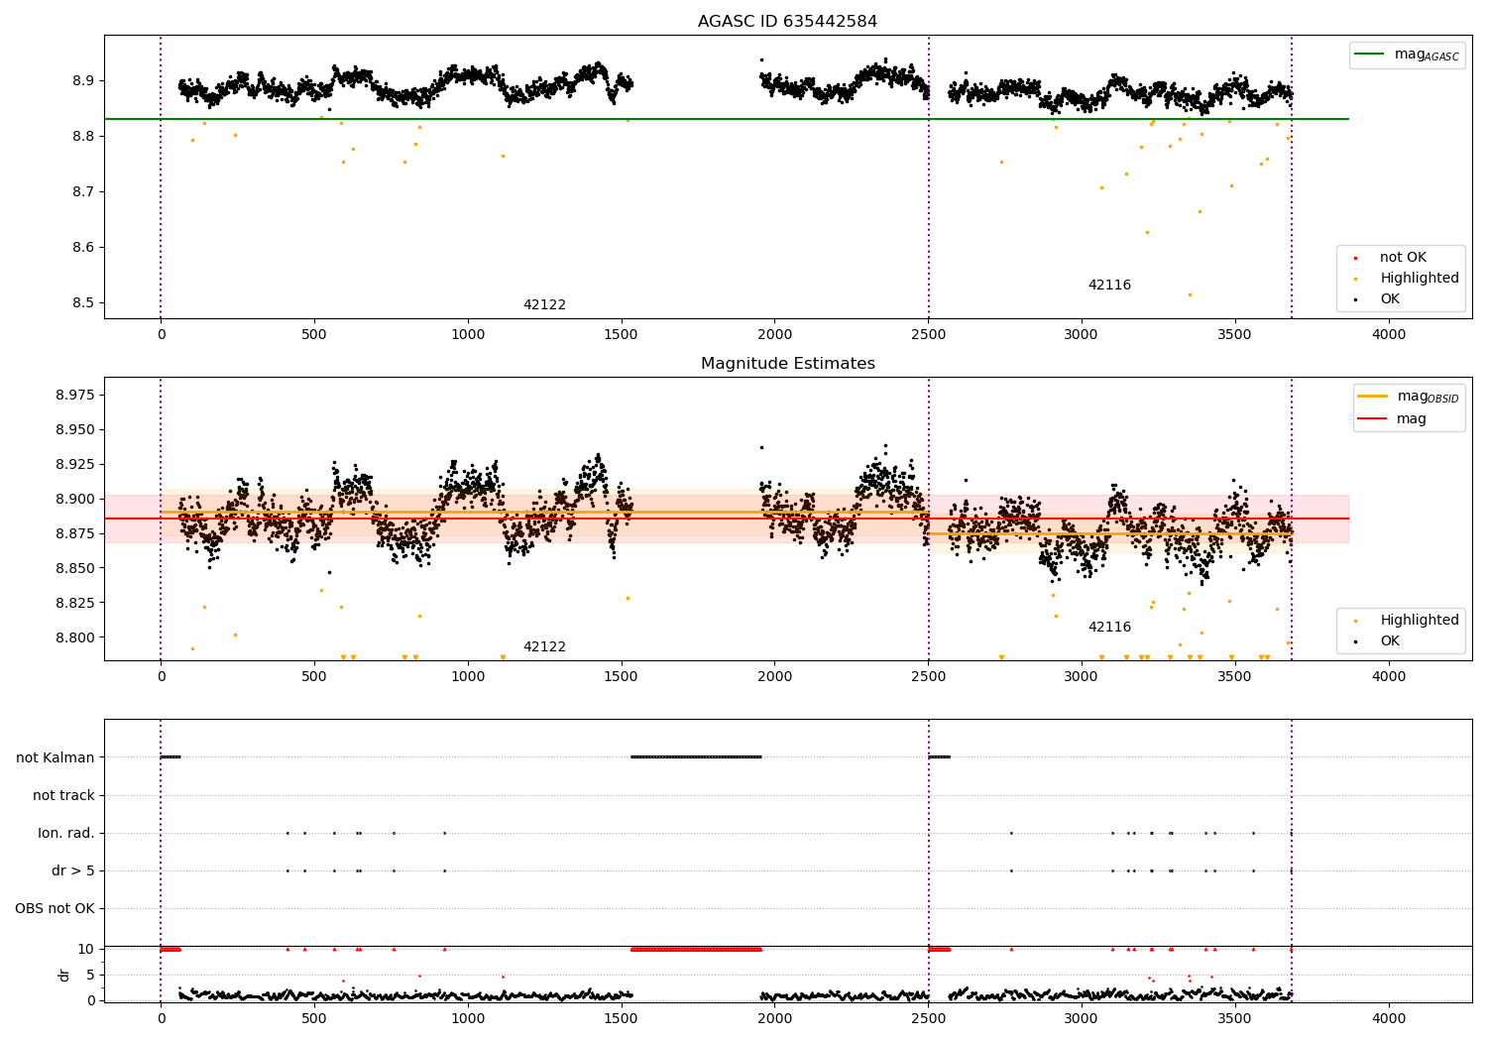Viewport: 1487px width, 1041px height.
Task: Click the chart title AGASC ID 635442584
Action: tap(787, 22)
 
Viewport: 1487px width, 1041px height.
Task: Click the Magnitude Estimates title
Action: tap(787, 364)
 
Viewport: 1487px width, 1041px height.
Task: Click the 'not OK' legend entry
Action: tap(1403, 258)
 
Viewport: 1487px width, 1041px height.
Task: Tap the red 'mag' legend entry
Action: tap(1411, 418)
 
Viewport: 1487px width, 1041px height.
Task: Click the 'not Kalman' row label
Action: tap(56, 757)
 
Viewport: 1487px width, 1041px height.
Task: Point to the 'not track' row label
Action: tap(63, 795)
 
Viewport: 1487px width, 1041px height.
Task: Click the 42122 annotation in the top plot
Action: tap(544, 305)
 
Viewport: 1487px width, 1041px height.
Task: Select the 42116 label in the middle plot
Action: tap(1109, 628)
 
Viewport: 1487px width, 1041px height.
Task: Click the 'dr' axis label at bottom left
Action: tap(64, 975)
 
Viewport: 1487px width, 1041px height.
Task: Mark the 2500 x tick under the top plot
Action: tap(928, 335)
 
